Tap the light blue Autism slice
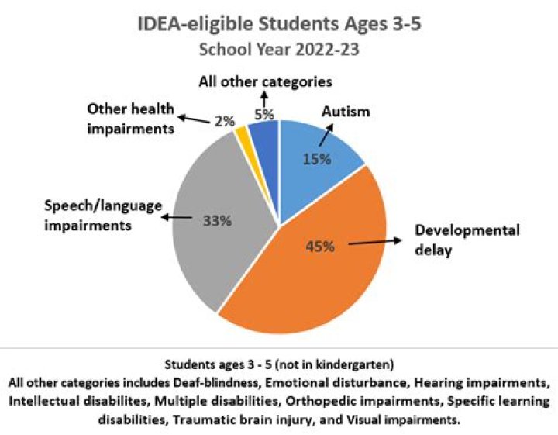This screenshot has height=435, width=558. [325, 147]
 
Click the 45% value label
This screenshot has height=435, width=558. [319, 247]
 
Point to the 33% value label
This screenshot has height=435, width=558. [217, 220]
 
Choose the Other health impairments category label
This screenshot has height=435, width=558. [130, 119]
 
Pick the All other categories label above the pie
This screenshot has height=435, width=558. [265, 81]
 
